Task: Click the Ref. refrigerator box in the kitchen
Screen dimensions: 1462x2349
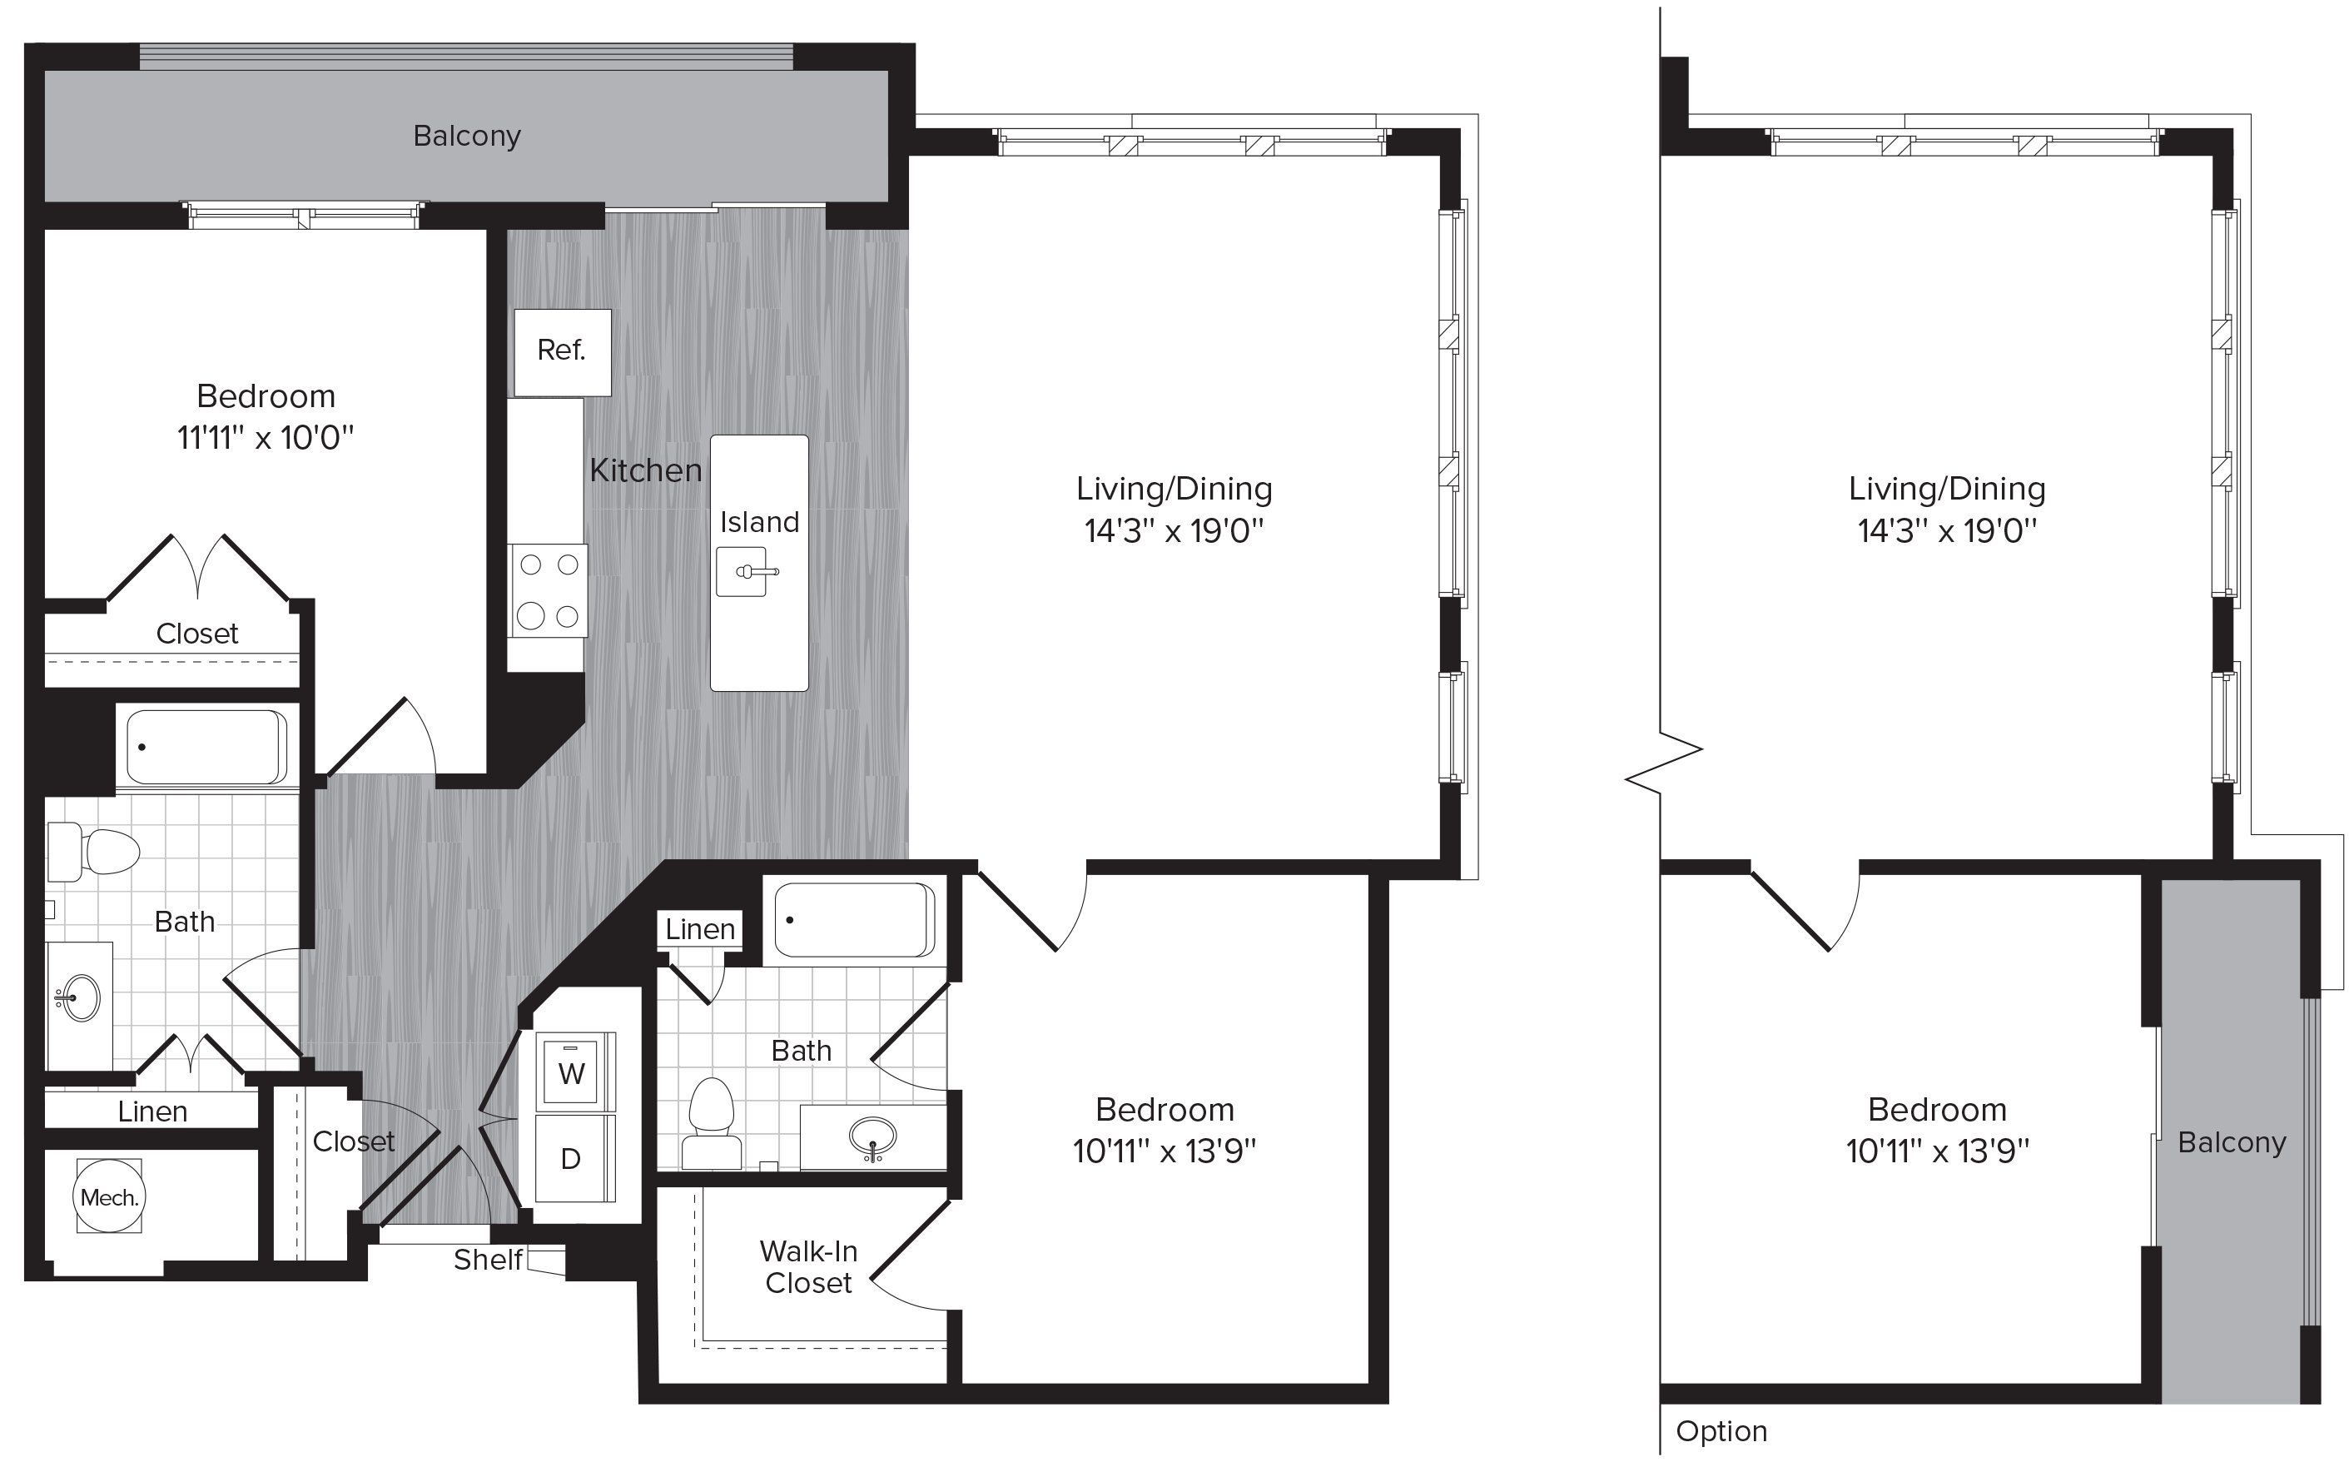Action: (x=562, y=352)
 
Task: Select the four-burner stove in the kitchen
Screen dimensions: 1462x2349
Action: (x=548, y=589)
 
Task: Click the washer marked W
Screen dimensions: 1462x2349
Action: (x=571, y=1072)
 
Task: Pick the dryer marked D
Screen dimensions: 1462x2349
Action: (x=571, y=1157)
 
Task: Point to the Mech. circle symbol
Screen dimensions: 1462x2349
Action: (x=109, y=1197)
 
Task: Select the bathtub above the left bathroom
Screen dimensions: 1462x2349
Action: (x=206, y=748)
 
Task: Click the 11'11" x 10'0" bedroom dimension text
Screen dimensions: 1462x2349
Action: (x=266, y=438)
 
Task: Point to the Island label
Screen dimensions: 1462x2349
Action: (x=759, y=522)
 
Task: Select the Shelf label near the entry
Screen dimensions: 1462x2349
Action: (x=487, y=1259)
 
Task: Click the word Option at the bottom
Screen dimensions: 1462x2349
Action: (x=1721, y=1432)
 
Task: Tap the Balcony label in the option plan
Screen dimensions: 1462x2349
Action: (x=2231, y=1142)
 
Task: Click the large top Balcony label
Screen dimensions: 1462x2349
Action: (x=467, y=137)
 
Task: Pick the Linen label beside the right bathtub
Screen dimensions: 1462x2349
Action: (x=700, y=929)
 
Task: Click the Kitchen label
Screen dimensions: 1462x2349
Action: (x=646, y=471)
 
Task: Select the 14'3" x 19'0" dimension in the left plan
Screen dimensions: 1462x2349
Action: (x=1174, y=531)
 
